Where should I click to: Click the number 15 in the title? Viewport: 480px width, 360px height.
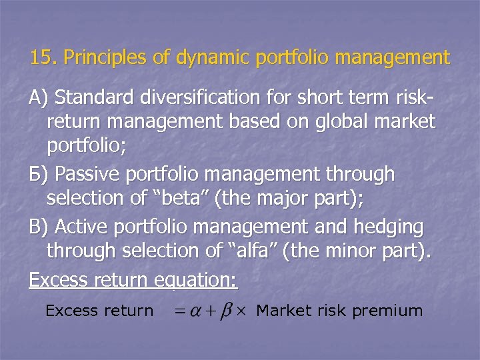(x=41, y=58)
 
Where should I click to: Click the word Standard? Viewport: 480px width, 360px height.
(x=96, y=98)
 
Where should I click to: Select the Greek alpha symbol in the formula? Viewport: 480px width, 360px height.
(x=195, y=311)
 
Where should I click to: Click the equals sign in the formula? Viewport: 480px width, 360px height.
(x=178, y=311)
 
